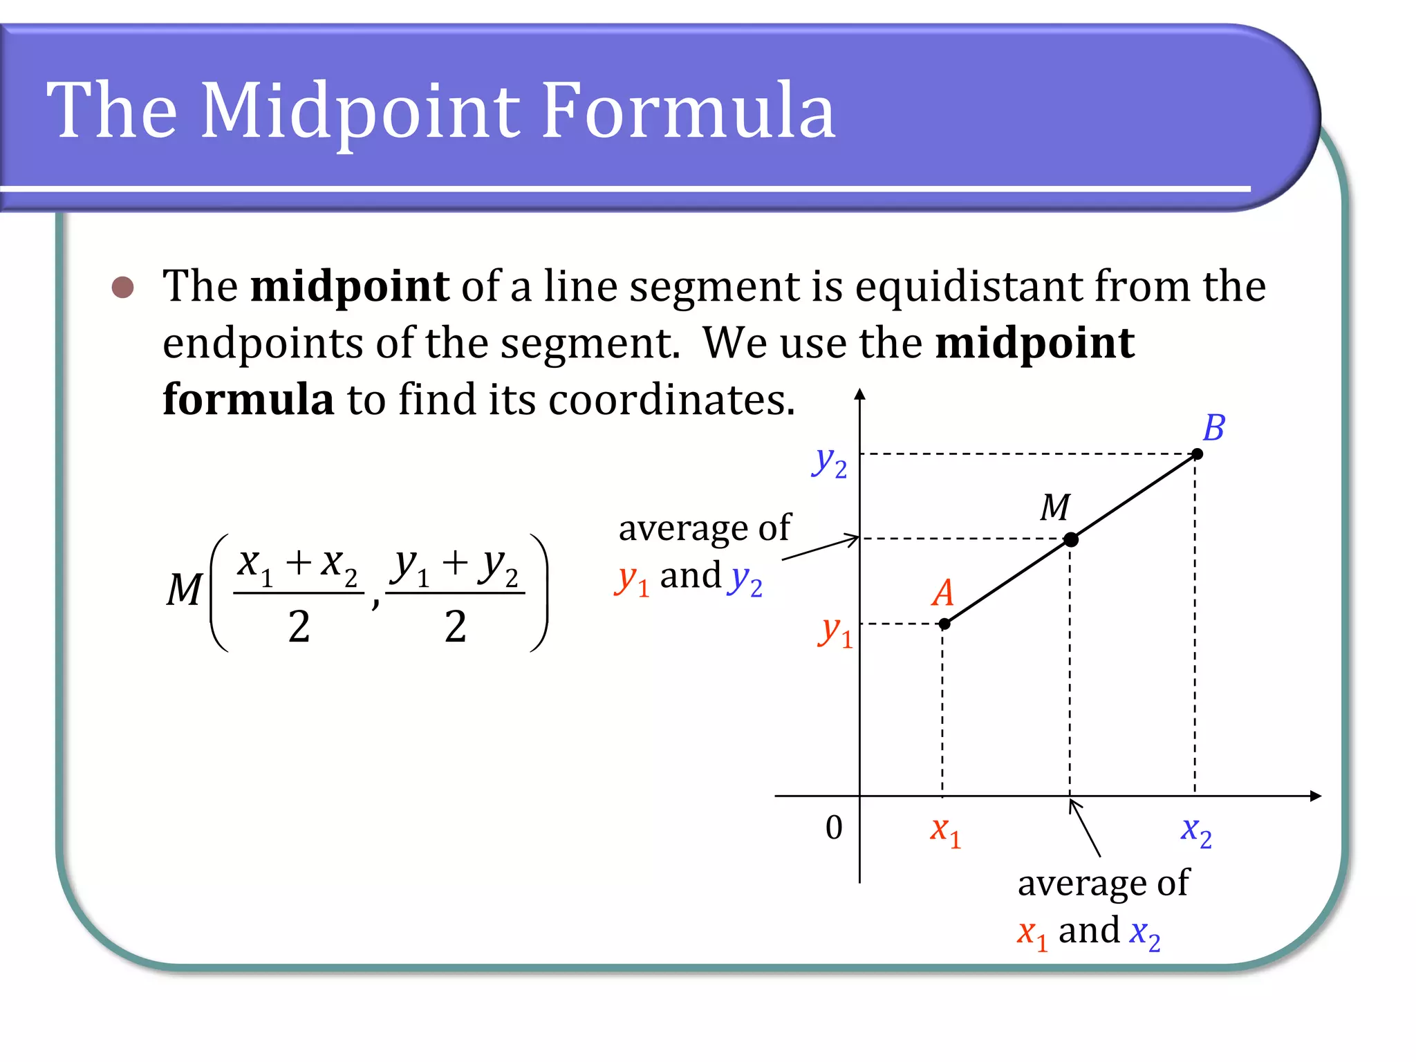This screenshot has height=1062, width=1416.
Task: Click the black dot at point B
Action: coord(1198,454)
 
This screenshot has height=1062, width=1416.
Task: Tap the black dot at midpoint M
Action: coord(1071,539)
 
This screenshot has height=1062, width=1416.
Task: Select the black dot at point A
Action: coord(944,624)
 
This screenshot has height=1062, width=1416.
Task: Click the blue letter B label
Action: coord(1213,428)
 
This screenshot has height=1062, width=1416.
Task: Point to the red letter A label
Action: coord(943,593)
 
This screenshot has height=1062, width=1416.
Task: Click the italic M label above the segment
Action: coord(1055,507)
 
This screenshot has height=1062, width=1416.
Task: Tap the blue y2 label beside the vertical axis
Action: coord(829,462)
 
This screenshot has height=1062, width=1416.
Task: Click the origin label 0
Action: coord(834,828)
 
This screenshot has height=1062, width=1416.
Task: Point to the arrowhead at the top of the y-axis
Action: coord(859,395)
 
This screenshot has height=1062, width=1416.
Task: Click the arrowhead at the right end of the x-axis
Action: coord(1315,796)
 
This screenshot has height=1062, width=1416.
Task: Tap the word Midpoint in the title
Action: coord(360,111)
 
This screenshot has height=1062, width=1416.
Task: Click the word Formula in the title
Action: coord(688,111)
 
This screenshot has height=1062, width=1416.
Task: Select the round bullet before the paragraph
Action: coord(123,288)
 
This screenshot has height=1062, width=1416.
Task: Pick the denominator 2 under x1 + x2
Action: coord(299,627)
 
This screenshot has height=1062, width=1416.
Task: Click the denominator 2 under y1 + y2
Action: coord(455,627)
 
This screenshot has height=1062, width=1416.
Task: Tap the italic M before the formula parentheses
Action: coord(184,590)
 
